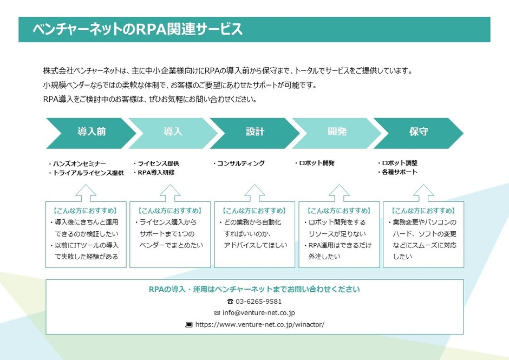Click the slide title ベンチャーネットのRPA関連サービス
tap(138, 29)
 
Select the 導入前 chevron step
tap(91, 132)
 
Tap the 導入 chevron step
tap(173, 132)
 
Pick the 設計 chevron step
tap(255, 132)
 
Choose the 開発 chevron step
tap(337, 132)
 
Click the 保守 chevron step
tap(419, 132)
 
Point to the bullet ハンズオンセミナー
tap(79, 163)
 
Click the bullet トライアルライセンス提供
tap(88, 173)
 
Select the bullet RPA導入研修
tap(156, 173)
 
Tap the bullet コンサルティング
tap(241, 163)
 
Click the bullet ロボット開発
tap(317, 163)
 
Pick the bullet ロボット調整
tap(400, 163)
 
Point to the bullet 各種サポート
tap(400, 172)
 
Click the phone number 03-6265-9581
tap(258, 302)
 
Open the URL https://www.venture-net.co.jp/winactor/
tap(259, 325)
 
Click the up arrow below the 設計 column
tap(255, 193)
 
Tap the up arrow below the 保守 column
tap(423, 193)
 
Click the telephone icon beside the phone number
tap(230, 302)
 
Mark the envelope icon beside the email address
tap(217, 313)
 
